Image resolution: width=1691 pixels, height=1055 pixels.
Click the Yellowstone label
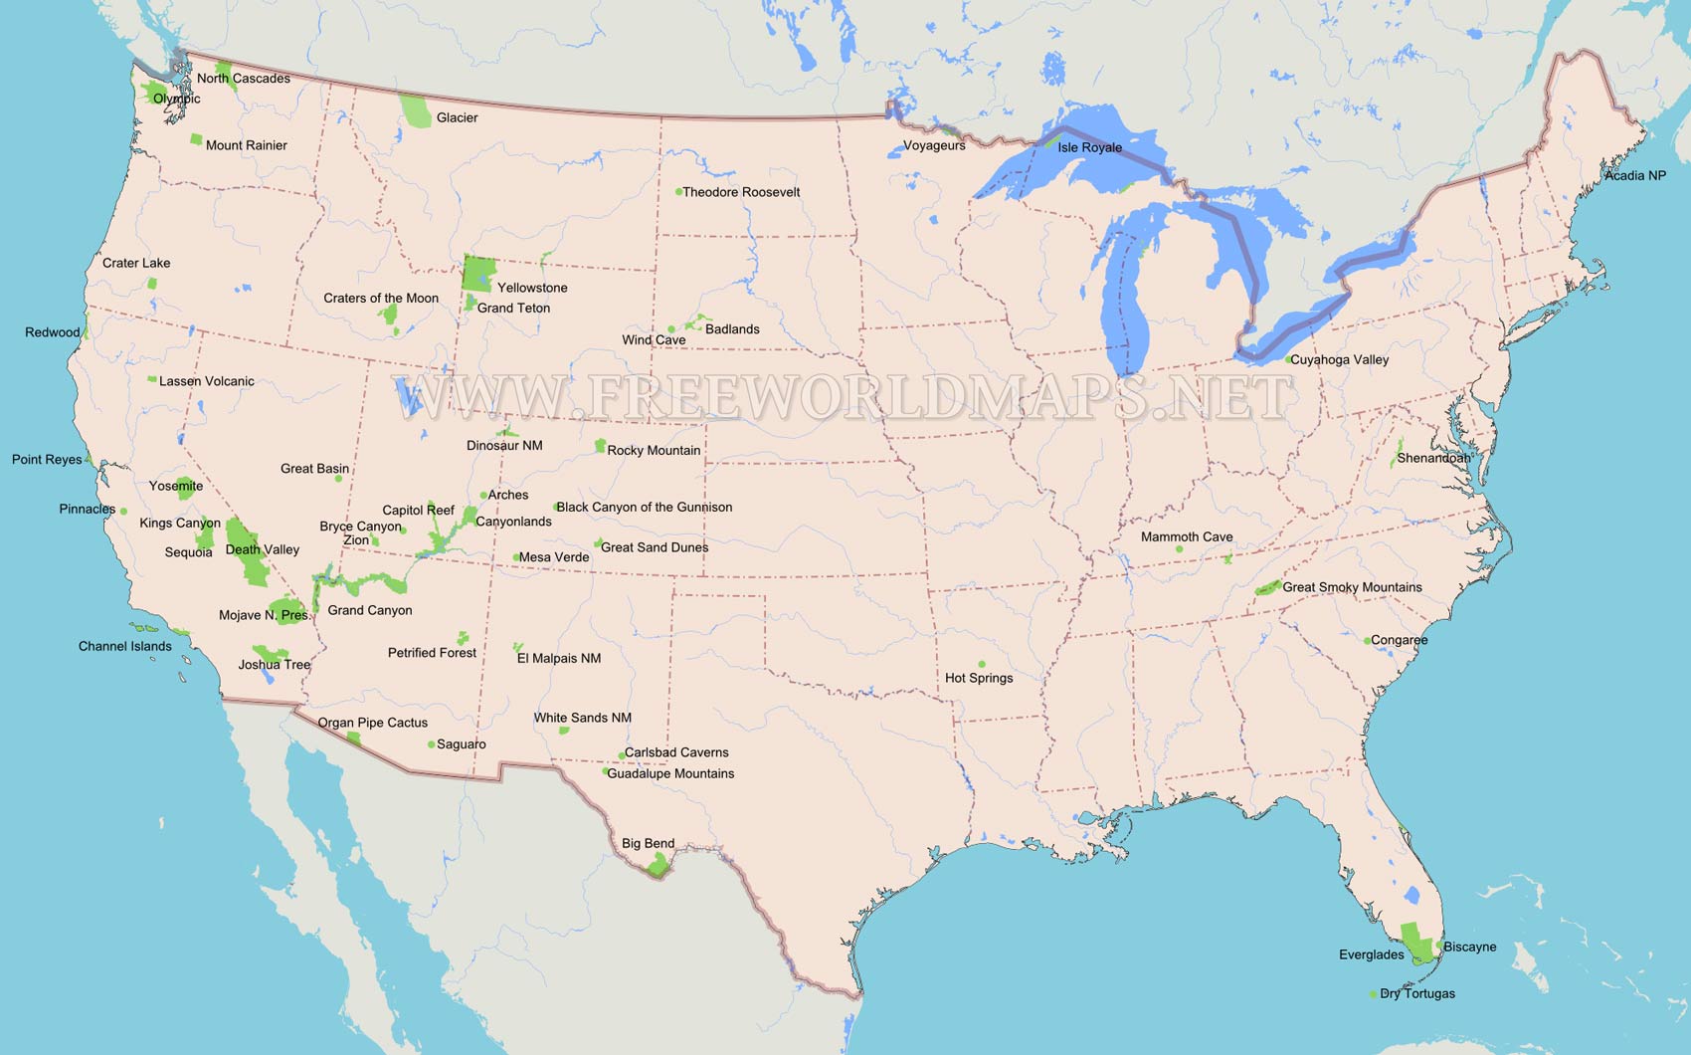pos(532,288)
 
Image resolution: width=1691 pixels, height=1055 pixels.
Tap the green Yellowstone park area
pos(478,272)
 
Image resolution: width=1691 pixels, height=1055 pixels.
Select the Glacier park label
pos(457,117)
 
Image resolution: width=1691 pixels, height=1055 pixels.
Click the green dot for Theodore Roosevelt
pos(678,192)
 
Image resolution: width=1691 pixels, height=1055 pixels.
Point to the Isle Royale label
pos(1089,147)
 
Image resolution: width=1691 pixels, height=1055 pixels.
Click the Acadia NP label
pos(1634,175)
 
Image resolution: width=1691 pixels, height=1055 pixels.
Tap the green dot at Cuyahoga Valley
pos(1288,359)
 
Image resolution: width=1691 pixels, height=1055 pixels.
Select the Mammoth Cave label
pos(1186,536)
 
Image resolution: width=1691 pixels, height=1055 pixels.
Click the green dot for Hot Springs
pos(982,664)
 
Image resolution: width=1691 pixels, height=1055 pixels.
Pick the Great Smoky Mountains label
pos(1352,587)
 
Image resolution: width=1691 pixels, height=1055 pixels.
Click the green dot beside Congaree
pos(1367,641)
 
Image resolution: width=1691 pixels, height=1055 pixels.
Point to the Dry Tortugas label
pos(1416,993)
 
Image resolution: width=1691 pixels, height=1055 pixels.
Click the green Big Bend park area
pos(658,865)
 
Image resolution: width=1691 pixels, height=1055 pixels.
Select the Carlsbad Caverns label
pos(676,752)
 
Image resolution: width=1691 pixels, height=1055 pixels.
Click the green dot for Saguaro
pos(431,744)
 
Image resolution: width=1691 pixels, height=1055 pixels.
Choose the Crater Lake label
pos(136,263)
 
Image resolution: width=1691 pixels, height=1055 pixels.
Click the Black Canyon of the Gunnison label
pos(644,507)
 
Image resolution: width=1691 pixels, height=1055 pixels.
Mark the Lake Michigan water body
pos(1129,299)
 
